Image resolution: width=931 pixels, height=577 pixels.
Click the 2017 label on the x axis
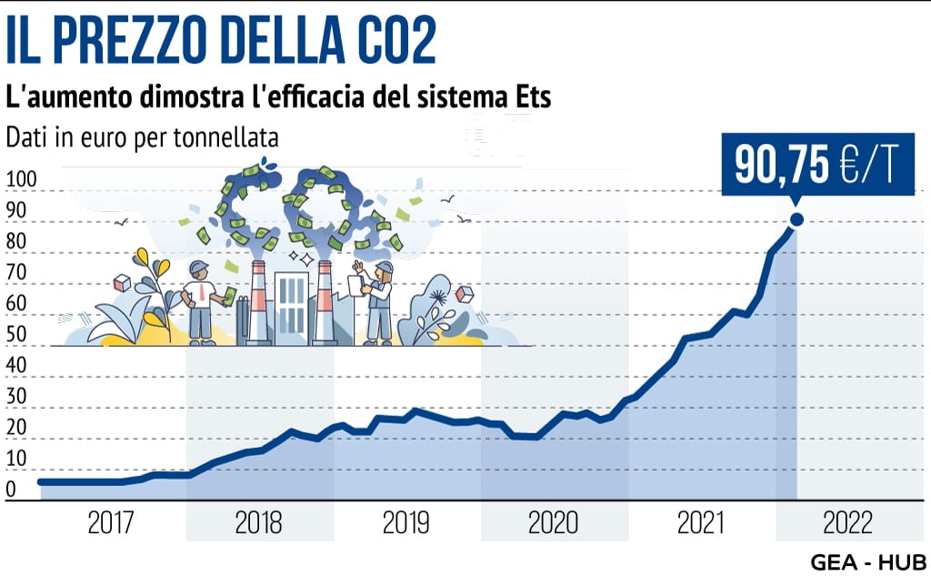112,523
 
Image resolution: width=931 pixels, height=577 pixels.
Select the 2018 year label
258,523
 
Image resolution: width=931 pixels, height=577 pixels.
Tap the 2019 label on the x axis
406,523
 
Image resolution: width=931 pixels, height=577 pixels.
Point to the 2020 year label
553,523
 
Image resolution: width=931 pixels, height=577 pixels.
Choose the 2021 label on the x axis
700,523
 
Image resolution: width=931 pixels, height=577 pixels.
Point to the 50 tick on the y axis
18,335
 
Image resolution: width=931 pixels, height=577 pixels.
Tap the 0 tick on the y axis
11,491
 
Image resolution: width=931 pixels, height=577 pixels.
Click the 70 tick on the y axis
18,273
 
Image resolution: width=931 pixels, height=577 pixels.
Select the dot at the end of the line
796,219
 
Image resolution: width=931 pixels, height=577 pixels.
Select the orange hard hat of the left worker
198,268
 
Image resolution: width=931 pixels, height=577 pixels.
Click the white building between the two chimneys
292,305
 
